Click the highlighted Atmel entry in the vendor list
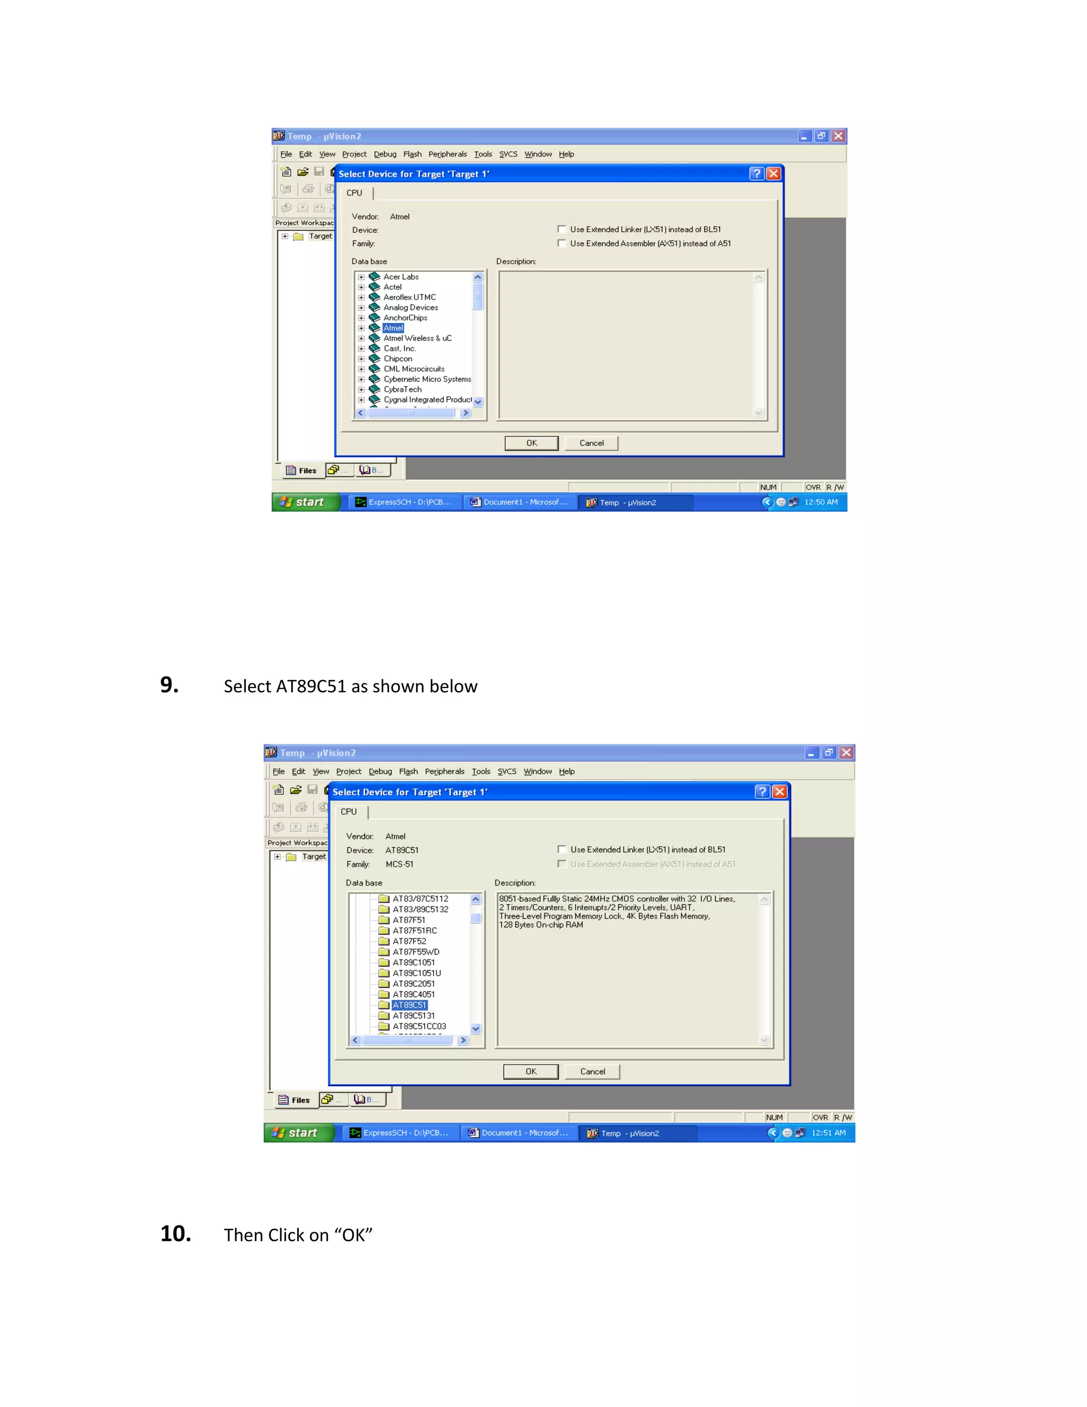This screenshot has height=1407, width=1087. [393, 328]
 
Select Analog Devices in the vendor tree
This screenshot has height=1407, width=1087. [410, 307]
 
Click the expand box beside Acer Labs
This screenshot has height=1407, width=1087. [361, 277]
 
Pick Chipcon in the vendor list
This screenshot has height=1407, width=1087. [398, 359]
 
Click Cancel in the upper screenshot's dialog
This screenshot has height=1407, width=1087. [591, 443]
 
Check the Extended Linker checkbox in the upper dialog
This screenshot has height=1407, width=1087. [562, 229]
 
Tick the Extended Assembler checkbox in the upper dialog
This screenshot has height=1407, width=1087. [562, 244]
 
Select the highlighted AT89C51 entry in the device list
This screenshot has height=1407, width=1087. [409, 1005]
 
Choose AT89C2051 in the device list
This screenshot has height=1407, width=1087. [413, 984]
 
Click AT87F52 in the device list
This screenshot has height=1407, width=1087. [409, 941]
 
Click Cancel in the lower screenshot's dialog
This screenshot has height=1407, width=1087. [592, 1071]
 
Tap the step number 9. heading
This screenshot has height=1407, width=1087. [169, 685]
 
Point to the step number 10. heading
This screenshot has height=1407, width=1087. [175, 1234]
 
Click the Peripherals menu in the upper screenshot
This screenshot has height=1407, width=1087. [447, 155]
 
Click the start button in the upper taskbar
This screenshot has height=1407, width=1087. [304, 502]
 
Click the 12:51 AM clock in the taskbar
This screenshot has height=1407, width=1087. [828, 1133]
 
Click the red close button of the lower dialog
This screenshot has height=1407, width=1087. [779, 792]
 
